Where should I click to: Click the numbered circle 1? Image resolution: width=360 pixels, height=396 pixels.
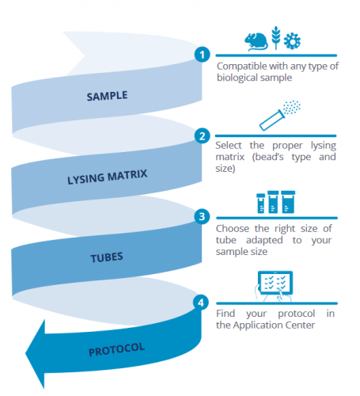pos(203,55)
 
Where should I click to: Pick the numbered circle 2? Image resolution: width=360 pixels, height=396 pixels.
pos(203,135)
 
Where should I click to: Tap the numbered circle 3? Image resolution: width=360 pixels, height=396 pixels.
pos(203,215)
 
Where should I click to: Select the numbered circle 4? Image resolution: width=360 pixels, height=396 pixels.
pos(203,301)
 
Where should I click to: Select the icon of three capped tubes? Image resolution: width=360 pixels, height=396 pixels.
pos(273,200)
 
